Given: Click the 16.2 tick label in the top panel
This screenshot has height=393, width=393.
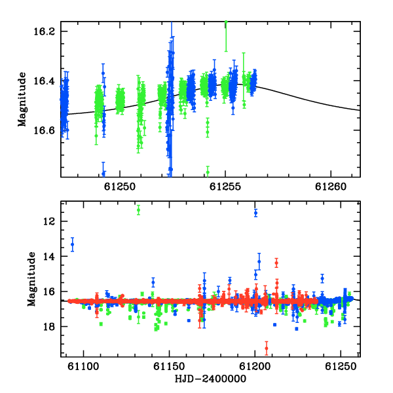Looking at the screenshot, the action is [x=44, y=31].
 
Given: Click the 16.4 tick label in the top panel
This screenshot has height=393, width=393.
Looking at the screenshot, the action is [x=44, y=81].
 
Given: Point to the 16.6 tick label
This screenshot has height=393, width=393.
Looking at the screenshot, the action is [x=44, y=130].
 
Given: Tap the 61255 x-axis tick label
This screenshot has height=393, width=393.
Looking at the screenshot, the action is [x=225, y=187].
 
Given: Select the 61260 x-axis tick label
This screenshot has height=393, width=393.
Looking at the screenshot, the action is [x=331, y=187].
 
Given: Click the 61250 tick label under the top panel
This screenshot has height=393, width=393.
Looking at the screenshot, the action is [x=120, y=187].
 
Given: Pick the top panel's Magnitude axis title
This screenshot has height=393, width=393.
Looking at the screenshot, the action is [x=22, y=100].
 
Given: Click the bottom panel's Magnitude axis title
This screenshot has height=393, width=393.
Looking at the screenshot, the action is [x=31, y=279].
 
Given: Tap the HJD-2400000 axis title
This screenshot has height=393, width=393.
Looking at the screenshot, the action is [x=210, y=379].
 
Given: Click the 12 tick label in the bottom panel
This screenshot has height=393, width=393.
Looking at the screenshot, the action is [x=48, y=221].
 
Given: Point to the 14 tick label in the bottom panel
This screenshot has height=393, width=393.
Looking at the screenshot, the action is [x=48, y=257].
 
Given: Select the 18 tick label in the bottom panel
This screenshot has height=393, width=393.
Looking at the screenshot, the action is [x=48, y=327].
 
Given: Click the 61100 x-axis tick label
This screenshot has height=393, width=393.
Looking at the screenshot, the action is [x=83, y=366].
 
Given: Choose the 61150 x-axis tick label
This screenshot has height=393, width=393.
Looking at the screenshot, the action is [x=169, y=366].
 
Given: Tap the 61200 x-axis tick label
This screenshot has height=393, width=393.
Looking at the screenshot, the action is [x=255, y=366].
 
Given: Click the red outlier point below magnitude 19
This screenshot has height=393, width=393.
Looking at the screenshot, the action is [x=267, y=348].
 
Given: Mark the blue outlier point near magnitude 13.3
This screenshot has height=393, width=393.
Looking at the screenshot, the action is [x=73, y=244].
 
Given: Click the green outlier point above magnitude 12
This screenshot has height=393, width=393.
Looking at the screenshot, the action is [x=138, y=210].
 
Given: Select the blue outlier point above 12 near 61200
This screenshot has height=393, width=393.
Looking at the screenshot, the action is [x=255, y=213].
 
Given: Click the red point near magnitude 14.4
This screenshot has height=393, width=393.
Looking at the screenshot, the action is [x=276, y=263].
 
